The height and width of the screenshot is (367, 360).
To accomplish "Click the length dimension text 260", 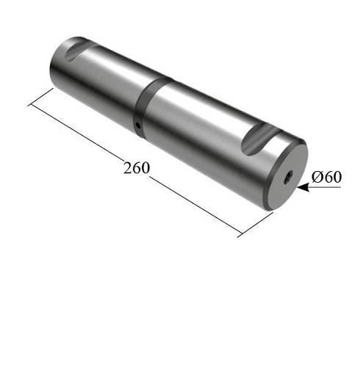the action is (x=136, y=167).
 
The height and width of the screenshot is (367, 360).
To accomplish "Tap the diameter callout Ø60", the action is (x=326, y=177).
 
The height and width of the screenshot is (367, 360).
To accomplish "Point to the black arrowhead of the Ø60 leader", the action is (x=303, y=187).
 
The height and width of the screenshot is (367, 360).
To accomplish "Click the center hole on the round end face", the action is (x=288, y=178).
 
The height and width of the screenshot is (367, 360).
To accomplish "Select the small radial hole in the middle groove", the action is (x=138, y=126).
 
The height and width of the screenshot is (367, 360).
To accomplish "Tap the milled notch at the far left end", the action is (x=79, y=50).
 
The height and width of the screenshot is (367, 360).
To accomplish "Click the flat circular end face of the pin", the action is (x=287, y=178).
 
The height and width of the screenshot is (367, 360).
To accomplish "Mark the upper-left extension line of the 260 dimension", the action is (x=40, y=97).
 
